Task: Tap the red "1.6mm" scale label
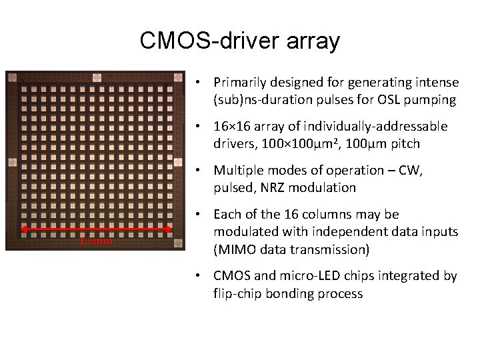96,241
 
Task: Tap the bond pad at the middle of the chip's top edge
96,77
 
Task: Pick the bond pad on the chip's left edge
11,162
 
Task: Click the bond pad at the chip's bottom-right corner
178,245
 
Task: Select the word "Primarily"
241,83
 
